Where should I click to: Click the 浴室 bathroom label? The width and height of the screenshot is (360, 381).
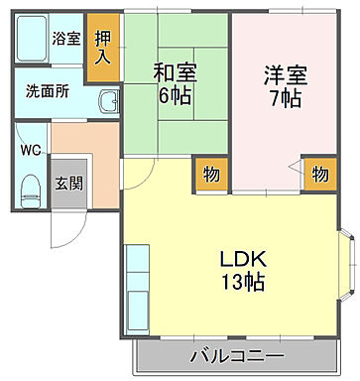(x=65, y=39)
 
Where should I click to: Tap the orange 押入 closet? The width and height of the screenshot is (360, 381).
(x=102, y=46)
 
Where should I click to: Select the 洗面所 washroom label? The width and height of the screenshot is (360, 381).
(x=48, y=90)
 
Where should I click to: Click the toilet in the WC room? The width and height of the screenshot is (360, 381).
(x=30, y=187)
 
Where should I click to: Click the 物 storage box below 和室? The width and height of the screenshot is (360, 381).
(x=210, y=174)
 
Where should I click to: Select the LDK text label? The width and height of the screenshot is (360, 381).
(x=242, y=259)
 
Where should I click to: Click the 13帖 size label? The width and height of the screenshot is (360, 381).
(x=242, y=283)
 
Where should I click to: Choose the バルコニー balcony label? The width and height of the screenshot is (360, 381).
(x=237, y=355)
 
